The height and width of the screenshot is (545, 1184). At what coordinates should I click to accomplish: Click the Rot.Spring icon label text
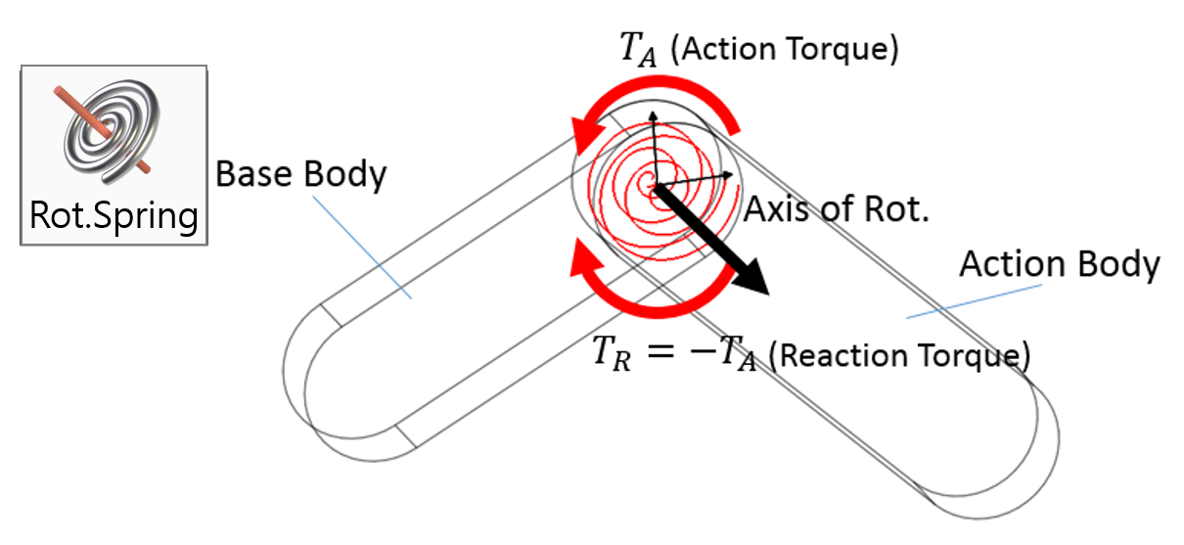(x=114, y=214)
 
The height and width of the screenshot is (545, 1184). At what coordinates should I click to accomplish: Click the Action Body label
(x=1059, y=264)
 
